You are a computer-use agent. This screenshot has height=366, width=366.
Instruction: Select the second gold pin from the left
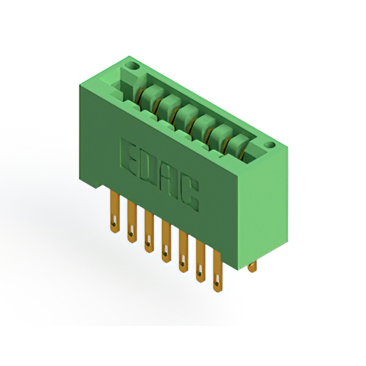pyautogui.click(x=132, y=221)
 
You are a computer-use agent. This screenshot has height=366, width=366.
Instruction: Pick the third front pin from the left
pyautogui.click(x=149, y=232)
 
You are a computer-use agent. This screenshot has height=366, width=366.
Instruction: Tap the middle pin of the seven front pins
pyautogui.click(x=166, y=242)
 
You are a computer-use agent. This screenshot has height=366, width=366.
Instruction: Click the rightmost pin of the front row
pyautogui.click(x=217, y=272)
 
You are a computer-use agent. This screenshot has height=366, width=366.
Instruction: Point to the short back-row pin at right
pyautogui.click(x=252, y=265)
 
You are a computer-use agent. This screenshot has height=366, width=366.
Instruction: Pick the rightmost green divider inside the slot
pyautogui.click(x=237, y=145)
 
